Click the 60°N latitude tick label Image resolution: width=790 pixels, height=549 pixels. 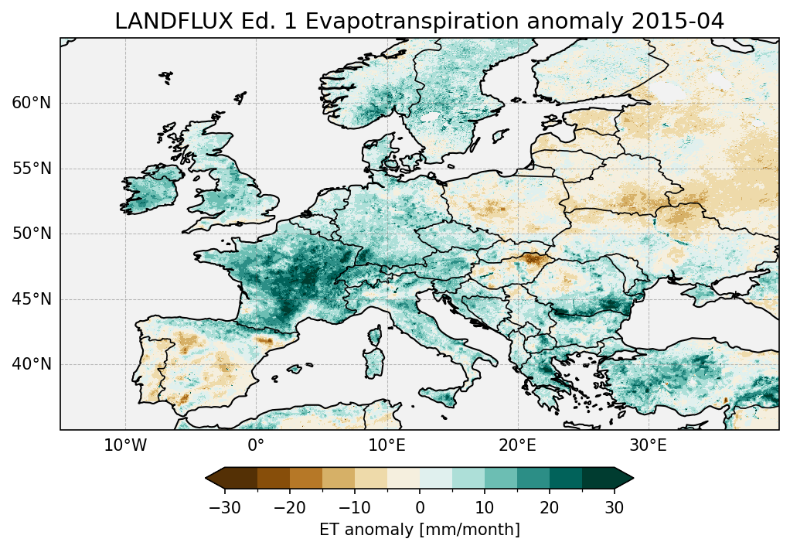(32, 104)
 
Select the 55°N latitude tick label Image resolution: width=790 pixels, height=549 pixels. (32, 169)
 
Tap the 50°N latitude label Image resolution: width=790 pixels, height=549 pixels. (32, 234)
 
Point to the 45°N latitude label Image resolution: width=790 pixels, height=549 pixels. (32, 299)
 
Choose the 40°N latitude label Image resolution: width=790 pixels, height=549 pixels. (32, 364)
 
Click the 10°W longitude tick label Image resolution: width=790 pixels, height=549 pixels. (125, 445)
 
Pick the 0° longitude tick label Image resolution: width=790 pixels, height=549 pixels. (256, 445)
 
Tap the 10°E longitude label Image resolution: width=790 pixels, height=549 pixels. (386, 445)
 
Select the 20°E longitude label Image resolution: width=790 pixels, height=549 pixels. (517, 445)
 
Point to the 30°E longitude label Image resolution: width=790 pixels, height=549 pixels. (648, 445)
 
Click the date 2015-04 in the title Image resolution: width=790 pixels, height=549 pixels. (683, 22)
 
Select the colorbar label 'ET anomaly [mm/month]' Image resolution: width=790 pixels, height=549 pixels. (420, 530)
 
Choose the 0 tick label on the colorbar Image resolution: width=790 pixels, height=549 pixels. (420, 507)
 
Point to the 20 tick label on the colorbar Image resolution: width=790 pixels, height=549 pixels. (550, 507)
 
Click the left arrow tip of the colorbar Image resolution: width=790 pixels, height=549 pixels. (207, 479)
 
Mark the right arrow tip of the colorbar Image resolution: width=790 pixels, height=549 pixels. (632, 479)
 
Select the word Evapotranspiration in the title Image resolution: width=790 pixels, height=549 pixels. (420, 22)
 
